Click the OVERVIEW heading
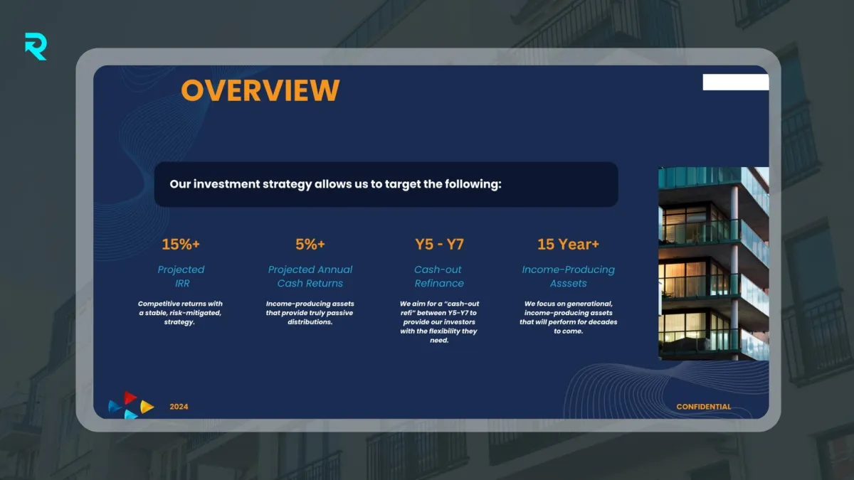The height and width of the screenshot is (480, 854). (x=260, y=90)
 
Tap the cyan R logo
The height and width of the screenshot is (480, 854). (x=36, y=46)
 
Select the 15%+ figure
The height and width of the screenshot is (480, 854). (x=181, y=244)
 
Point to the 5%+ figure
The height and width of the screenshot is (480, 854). (x=310, y=244)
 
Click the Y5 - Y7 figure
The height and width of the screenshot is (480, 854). (x=439, y=244)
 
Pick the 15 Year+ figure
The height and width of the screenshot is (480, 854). (x=568, y=244)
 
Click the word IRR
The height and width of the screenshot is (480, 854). (x=182, y=284)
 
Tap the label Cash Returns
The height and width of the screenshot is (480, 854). (x=310, y=284)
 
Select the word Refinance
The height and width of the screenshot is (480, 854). (x=439, y=284)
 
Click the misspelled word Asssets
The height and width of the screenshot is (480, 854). (x=568, y=284)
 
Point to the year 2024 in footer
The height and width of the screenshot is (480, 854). (x=179, y=407)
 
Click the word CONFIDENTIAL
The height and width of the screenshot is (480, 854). (x=703, y=407)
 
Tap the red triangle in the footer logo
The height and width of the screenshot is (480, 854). (x=130, y=398)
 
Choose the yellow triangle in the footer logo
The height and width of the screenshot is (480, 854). (x=147, y=407)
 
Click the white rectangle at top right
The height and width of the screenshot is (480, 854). (x=736, y=82)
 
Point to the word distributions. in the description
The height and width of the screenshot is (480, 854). (x=310, y=322)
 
